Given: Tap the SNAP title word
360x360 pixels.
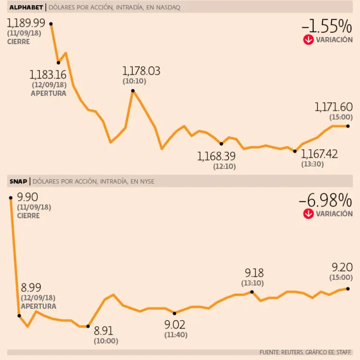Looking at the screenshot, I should point(17,181).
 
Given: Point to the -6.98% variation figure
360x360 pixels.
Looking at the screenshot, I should point(325,200).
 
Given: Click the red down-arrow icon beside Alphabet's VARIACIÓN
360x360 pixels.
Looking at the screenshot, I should point(308,40).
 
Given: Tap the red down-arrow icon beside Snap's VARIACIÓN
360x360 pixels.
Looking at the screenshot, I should point(308,214).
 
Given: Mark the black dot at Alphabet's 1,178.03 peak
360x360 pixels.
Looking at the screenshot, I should point(133,91).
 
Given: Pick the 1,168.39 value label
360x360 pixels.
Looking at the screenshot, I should point(217,156).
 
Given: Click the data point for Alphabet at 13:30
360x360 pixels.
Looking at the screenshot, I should point(294,151).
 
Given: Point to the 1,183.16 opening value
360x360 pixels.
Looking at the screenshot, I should point(48,75).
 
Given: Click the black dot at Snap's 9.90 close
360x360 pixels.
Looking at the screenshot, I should point(11,198).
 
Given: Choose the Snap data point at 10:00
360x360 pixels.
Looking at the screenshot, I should point(88,326).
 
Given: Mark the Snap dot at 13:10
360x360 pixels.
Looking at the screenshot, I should point(252,291).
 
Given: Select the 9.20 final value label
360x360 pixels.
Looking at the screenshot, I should point(341,268).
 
